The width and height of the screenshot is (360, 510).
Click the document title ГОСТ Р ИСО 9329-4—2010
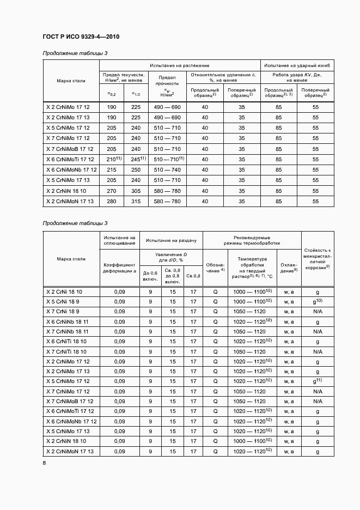(x=81, y=37)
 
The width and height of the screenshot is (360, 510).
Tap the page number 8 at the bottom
(x=45, y=463)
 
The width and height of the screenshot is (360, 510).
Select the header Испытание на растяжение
(x=180, y=65)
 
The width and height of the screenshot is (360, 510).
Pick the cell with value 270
(x=112, y=191)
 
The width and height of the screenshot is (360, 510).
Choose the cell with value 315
(x=136, y=202)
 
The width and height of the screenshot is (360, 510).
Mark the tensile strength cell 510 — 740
(x=167, y=170)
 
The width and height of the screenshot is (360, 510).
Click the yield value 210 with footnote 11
(x=112, y=159)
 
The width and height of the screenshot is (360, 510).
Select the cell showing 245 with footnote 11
(x=136, y=159)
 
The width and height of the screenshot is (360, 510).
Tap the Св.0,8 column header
(x=193, y=275)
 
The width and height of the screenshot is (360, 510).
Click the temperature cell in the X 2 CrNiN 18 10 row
(x=252, y=441)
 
